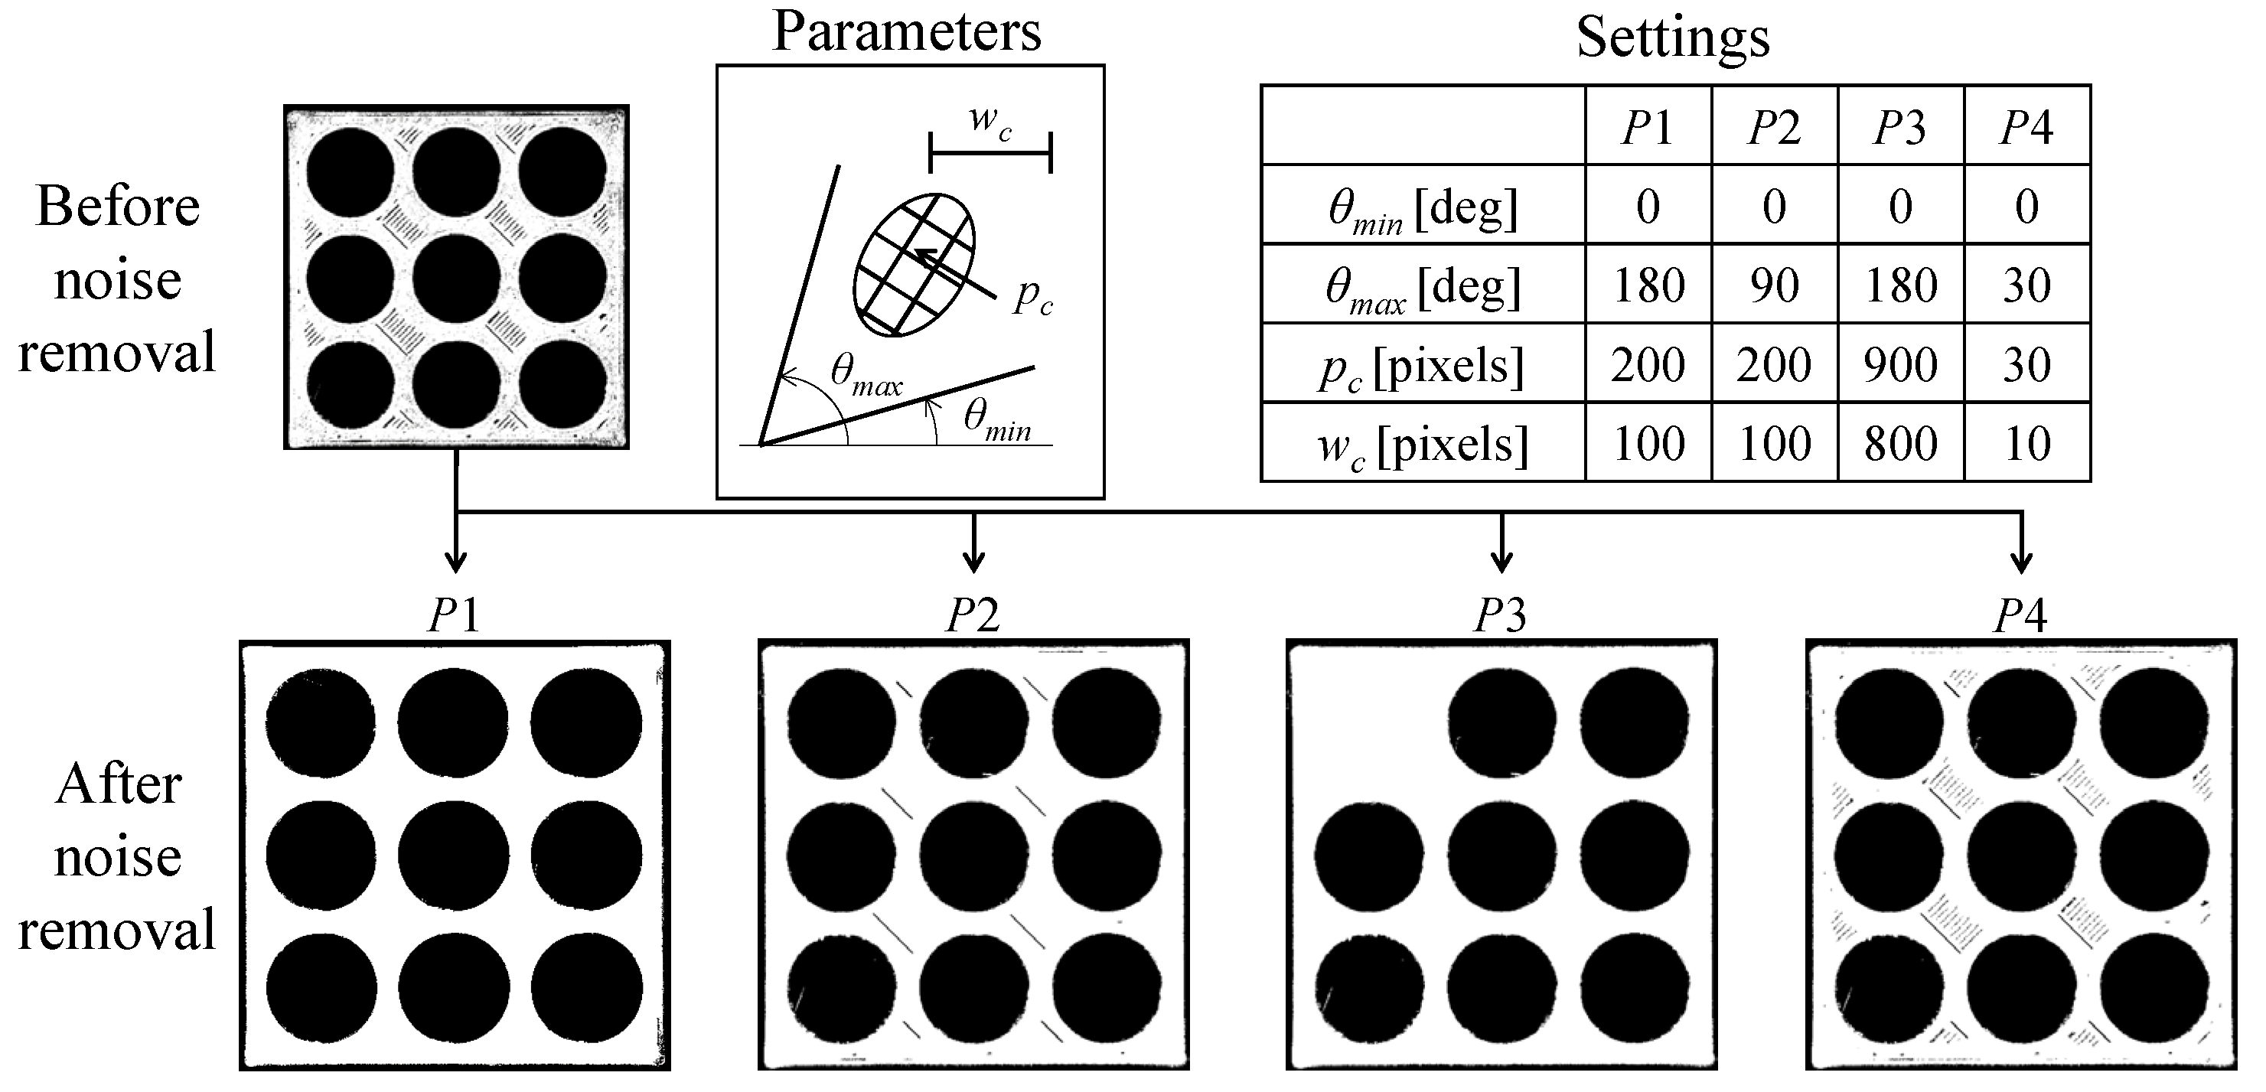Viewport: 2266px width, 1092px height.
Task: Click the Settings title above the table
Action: click(x=1672, y=37)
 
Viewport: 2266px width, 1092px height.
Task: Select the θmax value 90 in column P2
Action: click(x=1773, y=285)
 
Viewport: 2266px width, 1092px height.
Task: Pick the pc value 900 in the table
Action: click(x=1900, y=364)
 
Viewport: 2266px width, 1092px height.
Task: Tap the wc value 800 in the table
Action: click(x=1900, y=444)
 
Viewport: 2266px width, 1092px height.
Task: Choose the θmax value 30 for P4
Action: click(x=2026, y=285)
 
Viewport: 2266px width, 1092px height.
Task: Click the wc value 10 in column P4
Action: click(x=2026, y=444)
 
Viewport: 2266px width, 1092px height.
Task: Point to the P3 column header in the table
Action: click(x=1900, y=128)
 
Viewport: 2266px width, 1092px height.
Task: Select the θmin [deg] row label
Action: click(x=1423, y=210)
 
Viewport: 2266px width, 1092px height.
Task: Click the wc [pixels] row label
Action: click(x=1423, y=445)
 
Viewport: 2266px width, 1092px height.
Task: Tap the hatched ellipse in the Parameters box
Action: click(x=915, y=264)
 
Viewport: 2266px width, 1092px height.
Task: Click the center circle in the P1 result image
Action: click(x=453, y=855)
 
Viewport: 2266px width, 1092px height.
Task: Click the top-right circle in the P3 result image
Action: click(x=1635, y=722)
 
